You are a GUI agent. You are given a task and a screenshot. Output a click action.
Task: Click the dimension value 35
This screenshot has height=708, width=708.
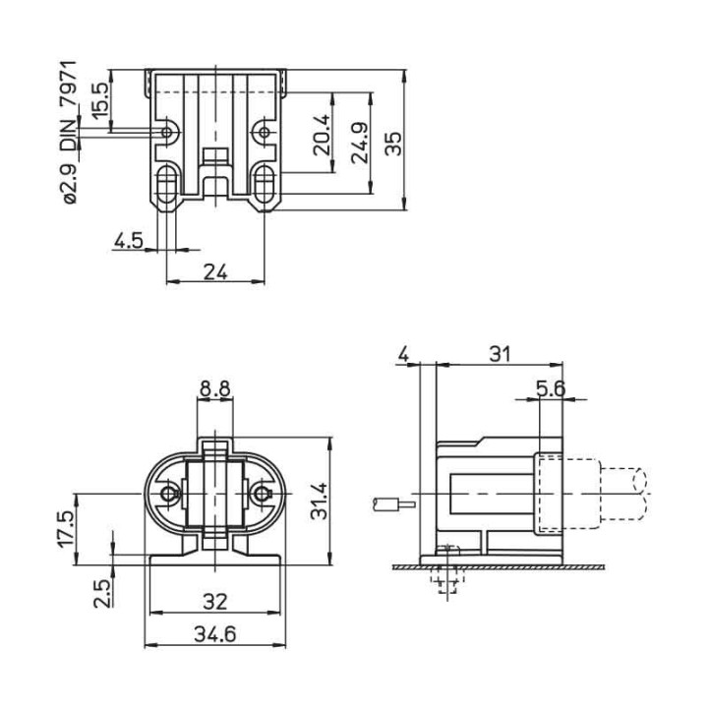(392, 144)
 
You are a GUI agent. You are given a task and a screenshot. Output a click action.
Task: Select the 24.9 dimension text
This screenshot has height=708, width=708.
(360, 143)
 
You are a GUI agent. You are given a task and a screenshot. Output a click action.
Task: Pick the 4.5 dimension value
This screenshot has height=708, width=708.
(128, 239)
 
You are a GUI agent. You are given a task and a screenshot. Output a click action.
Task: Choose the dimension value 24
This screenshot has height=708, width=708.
(215, 272)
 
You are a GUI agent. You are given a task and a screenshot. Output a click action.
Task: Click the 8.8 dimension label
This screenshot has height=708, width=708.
(215, 389)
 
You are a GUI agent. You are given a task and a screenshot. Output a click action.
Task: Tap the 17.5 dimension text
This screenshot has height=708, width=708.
(66, 529)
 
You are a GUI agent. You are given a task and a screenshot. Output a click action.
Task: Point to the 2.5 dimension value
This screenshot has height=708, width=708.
(102, 592)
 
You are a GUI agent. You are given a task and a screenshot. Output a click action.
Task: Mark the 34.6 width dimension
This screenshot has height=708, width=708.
(214, 635)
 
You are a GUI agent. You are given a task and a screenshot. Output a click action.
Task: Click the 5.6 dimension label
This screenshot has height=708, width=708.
(551, 388)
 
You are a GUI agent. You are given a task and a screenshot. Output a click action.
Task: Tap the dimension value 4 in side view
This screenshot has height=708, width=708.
(403, 353)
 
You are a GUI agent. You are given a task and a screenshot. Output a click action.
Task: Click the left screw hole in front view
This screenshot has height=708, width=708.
(172, 493)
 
